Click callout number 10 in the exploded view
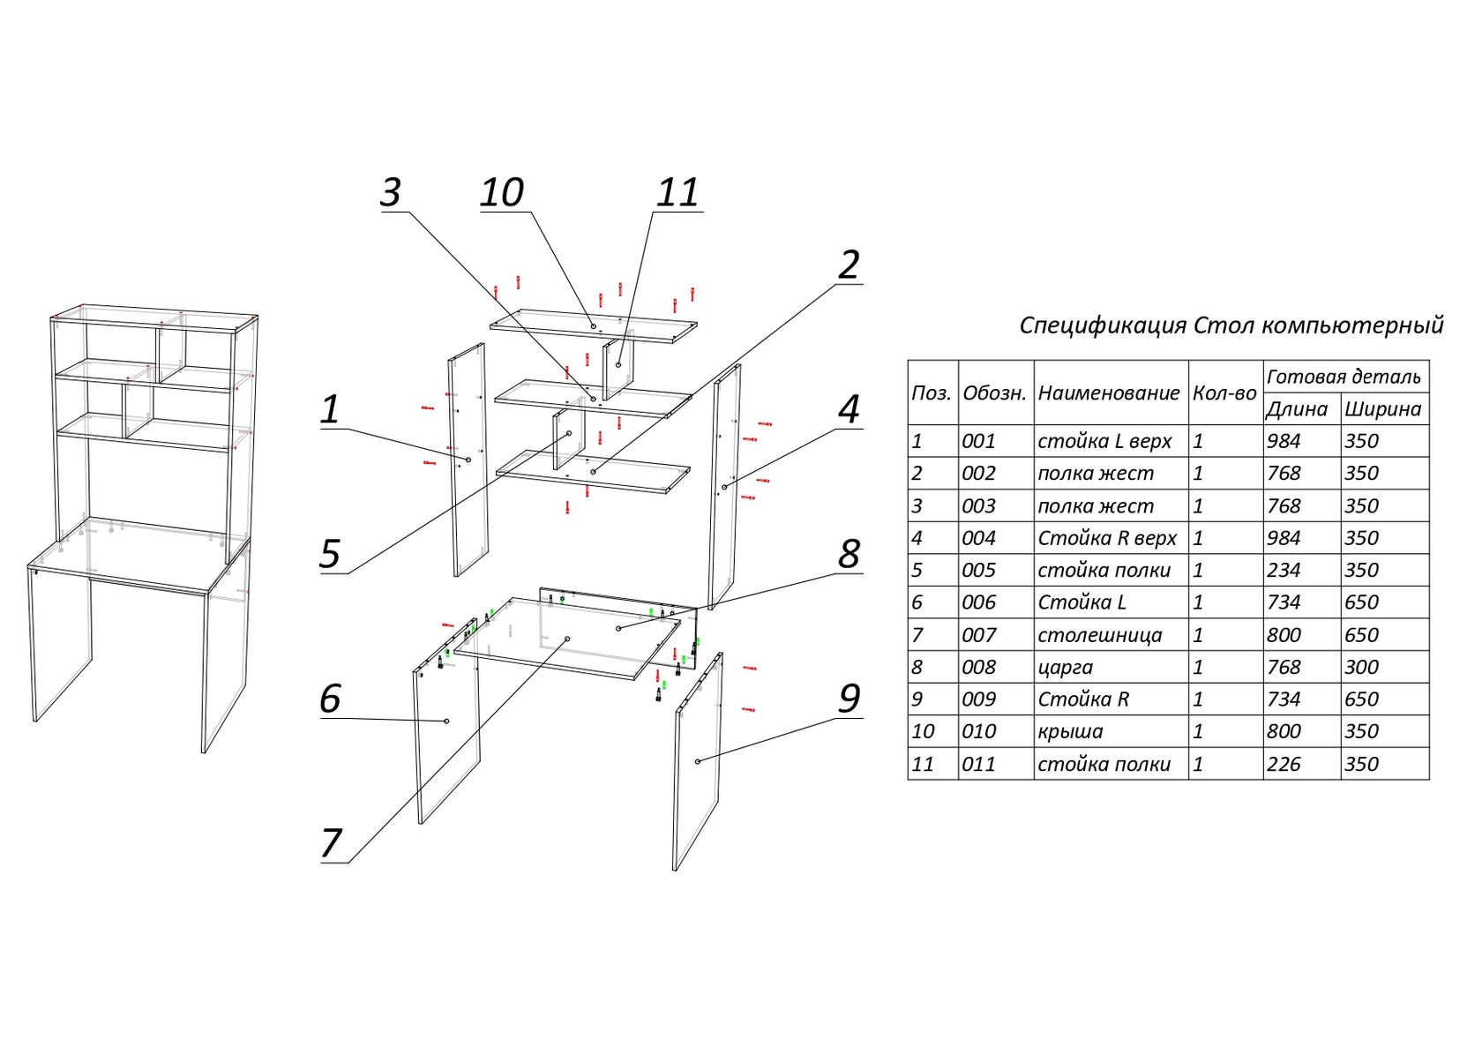[x=502, y=193]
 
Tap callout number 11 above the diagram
[x=677, y=193]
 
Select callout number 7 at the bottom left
[x=331, y=843]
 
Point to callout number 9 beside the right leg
[x=849, y=699]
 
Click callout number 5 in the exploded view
[x=329, y=554]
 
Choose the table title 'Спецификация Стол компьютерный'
[x=1231, y=325]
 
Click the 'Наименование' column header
[x=1108, y=393]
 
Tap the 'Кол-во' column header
[x=1224, y=393]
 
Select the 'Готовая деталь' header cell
[x=1344, y=378]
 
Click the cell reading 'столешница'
[x=1099, y=635]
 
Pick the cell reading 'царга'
[x=1065, y=668]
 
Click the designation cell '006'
[x=978, y=603]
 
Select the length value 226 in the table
[x=1284, y=765]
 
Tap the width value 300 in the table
[x=1361, y=668]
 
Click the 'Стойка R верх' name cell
[x=1106, y=538]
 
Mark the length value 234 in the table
[x=1284, y=571]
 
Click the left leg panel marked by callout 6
[x=448, y=750]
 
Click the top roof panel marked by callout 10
[x=594, y=326]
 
